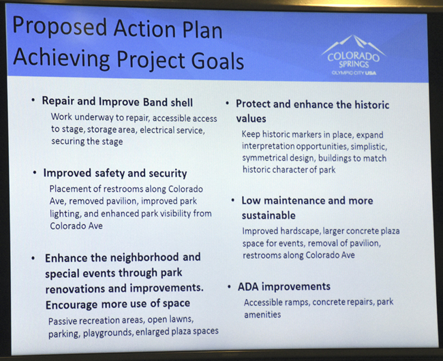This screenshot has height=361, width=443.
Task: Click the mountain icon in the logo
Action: tap(354, 44)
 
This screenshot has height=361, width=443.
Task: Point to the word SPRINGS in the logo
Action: tap(354, 64)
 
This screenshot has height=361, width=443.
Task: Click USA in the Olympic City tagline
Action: tap(371, 73)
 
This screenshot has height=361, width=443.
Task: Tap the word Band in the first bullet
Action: tap(155, 102)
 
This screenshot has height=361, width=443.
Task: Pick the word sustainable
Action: tap(269, 216)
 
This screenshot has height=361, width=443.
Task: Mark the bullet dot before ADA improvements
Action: tap(230, 287)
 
